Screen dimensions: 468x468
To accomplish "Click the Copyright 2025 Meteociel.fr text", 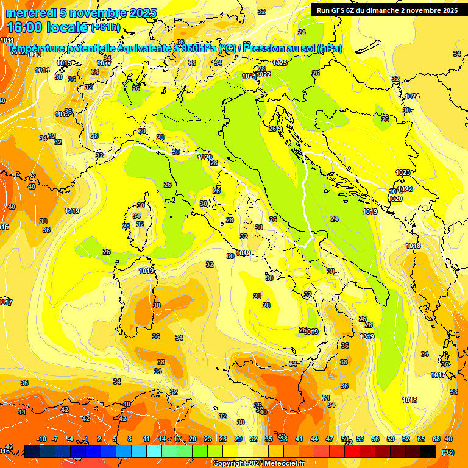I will (x=258, y=464).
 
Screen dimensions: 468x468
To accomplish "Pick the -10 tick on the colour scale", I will (x=41, y=439).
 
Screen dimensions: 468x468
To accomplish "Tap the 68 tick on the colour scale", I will (x=436, y=439).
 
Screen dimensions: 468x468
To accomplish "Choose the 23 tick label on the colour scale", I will (x=208, y=439).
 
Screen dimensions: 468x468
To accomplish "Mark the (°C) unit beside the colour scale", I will (x=448, y=452).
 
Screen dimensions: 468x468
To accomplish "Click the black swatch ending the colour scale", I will (x=428, y=452).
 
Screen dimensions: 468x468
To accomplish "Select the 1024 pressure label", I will (x=413, y=96).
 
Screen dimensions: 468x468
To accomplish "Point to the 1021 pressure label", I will (x=249, y=76).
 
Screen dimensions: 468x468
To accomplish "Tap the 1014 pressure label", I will (x=42, y=70).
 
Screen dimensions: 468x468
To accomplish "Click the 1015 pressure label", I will (x=63, y=63).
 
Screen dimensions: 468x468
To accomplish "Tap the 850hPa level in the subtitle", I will (x=199, y=48).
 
